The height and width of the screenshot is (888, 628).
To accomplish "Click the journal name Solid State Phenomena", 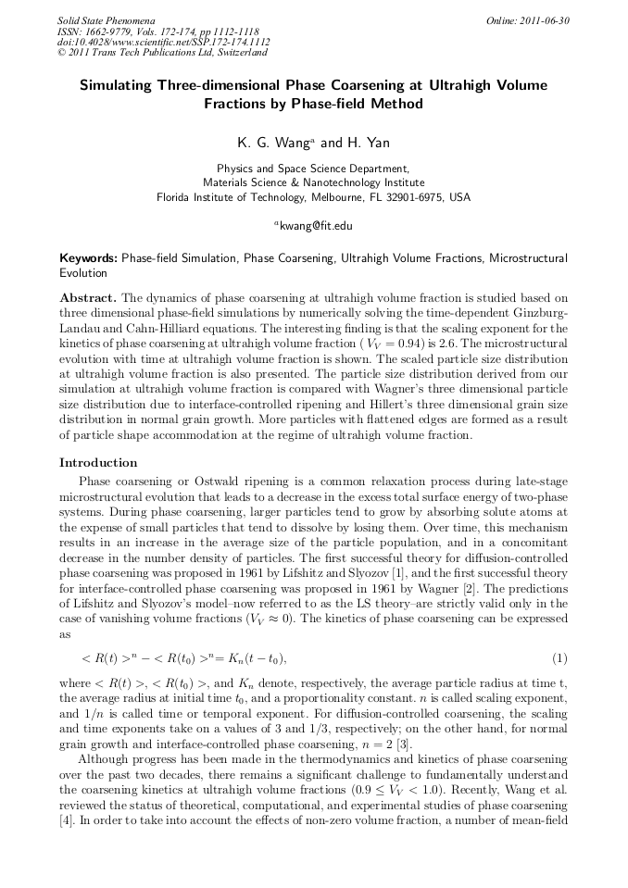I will pyautogui.click(x=106, y=19).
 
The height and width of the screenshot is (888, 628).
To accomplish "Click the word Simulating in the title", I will pyautogui.click(x=122, y=85).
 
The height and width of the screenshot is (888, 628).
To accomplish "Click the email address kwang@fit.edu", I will pyautogui.click(x=317, y=224).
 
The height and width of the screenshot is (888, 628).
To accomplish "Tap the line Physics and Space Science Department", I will pyautogui.click(x=313, y=169).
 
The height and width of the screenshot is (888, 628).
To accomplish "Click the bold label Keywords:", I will pyautogui.click(x=89, y=256).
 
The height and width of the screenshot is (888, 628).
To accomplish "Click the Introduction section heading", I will pyautogui.click(x=98, y=462).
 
